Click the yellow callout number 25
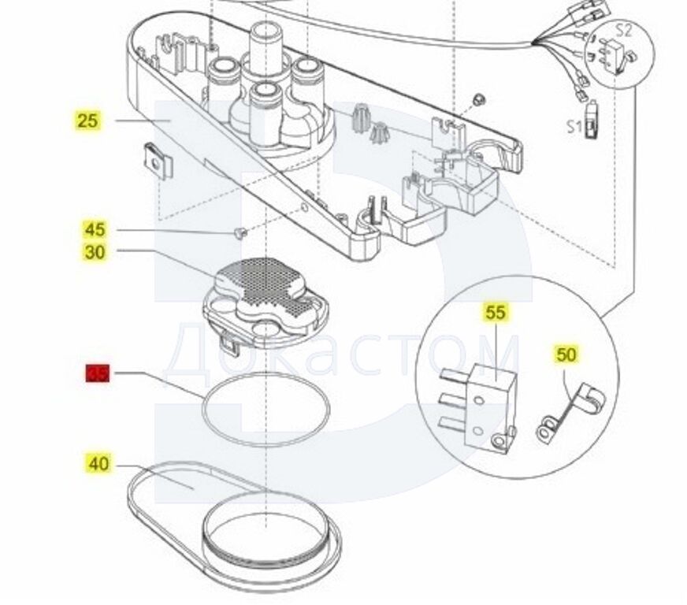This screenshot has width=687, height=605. coord(87,121)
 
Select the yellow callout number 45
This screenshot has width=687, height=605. coord(95,230)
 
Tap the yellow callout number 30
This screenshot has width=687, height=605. coord(95,253)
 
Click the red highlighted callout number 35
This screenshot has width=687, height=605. coord(98,374)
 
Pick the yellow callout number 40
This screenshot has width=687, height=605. coord(98,465)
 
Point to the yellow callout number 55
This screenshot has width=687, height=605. coord(495,313)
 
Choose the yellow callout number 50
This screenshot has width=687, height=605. coord(566,354)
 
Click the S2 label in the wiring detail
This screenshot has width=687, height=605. coord(623,31)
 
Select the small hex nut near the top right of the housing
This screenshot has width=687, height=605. coord(478,99)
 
